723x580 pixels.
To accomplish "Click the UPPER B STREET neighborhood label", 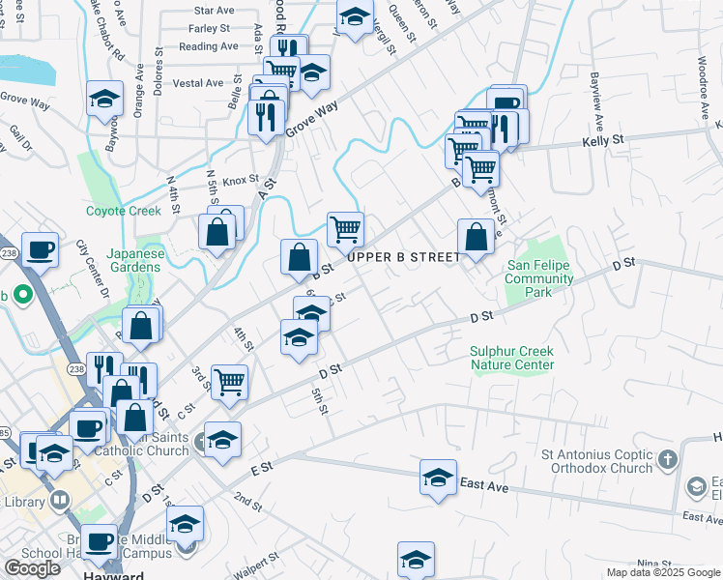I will pos(404,257).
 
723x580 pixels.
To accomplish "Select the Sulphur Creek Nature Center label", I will pos(512,358).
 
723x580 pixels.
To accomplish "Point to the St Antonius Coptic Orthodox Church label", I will pos(597,461).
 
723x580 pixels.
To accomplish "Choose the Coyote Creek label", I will pos(123,210).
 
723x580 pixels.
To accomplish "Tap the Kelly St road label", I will pos(602,141).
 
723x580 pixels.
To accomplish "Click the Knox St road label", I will pos(241,180).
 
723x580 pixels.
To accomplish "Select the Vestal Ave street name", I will pos(198,83).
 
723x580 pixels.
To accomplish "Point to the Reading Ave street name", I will pos(209,45).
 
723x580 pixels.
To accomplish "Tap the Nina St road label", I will pos(653,563).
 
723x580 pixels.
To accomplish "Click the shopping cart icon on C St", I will pos(230,383).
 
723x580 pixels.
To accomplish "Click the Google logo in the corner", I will pos(32,568).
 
